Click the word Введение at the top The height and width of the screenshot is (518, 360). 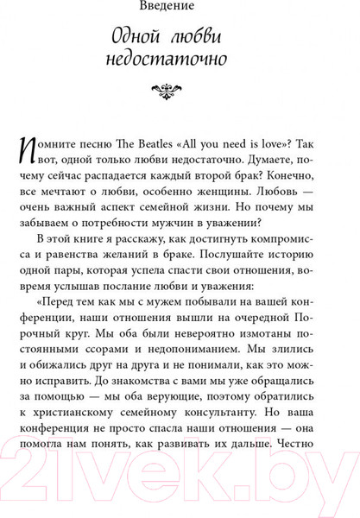coord(180,9)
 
